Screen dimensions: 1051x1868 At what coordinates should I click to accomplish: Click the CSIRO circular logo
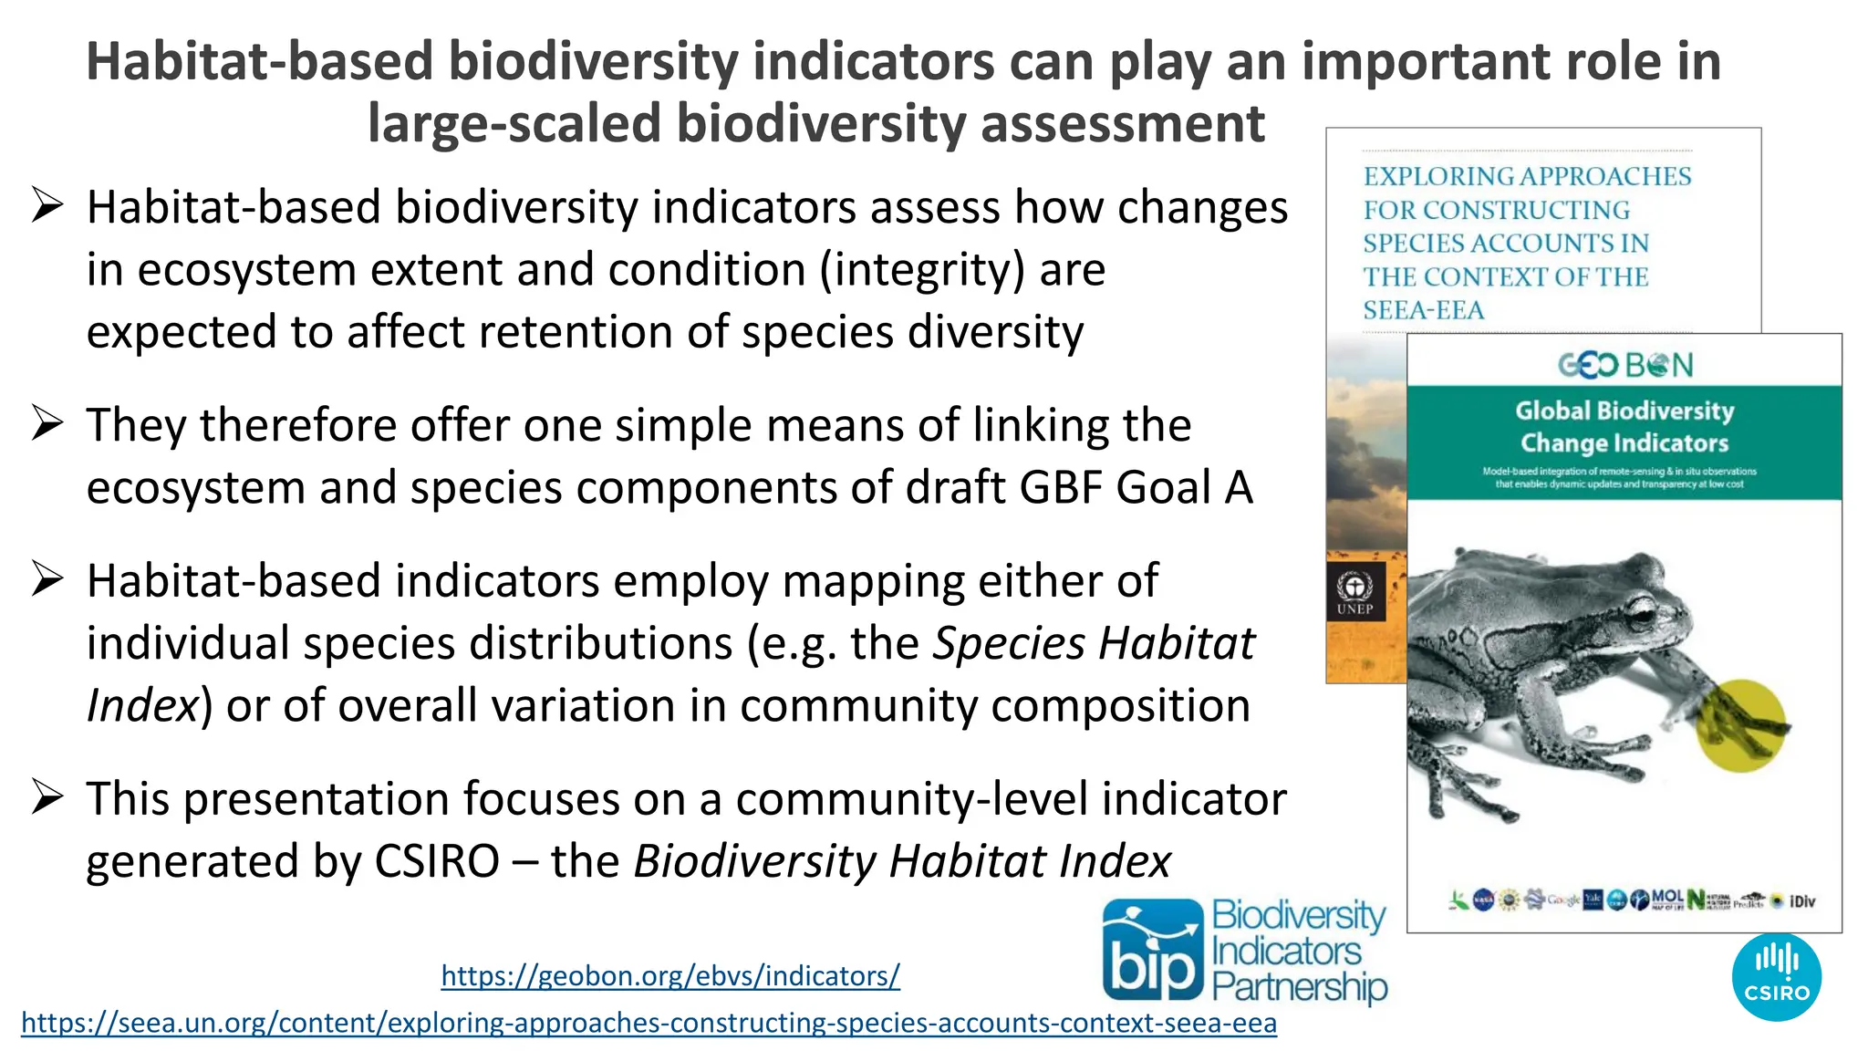tap(1776, 977)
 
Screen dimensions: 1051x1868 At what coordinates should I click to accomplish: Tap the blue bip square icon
tap(1153, 950)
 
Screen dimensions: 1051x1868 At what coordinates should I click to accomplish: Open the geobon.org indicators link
tap(670, 976)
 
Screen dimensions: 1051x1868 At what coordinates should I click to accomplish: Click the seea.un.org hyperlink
tap(649, 1023)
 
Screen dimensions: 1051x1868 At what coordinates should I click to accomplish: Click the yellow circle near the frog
tap(1740, 725)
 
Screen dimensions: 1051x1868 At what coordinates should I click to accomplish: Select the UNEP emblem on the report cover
tap(1354, 591)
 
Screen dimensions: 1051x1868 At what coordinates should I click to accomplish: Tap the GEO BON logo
tap(1624, 365)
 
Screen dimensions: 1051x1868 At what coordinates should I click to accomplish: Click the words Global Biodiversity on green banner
tap(1624, 411)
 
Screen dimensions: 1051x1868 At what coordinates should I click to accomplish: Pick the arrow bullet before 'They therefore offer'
tap(47, 424)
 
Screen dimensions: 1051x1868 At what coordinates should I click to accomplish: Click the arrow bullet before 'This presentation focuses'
tap(47, 797)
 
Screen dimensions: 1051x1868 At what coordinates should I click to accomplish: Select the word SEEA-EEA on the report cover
tap(1423, 310)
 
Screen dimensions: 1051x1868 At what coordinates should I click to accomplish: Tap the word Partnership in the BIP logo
tap(1299, 988)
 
